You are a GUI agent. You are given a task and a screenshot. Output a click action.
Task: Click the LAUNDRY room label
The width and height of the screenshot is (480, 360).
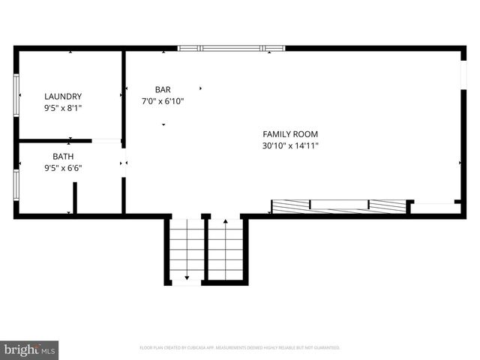[x=63, y=97]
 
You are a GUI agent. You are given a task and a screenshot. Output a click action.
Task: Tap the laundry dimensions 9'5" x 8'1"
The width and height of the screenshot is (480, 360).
[x=63, y=108]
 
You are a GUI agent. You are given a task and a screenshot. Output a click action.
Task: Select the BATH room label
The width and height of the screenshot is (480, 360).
[x=63, y=157]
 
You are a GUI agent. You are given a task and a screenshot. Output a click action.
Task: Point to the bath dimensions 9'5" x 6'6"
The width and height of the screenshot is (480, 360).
[x=63, y=168]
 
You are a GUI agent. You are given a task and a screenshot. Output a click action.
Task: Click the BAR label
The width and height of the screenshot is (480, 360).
[x=163, y=89]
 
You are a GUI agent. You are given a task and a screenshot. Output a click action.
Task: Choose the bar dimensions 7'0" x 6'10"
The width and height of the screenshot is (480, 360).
[x=163, y=100]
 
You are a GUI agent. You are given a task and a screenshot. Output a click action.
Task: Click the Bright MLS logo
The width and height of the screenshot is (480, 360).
[x=30, y=349]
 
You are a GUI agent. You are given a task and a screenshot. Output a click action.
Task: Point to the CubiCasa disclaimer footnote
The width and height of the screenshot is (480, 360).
[x=240, y=348]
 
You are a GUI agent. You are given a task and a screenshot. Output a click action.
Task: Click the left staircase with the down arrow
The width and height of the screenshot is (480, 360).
[x=186, y=250]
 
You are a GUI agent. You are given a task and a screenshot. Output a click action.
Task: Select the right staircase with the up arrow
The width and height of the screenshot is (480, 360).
[x=226, y=250]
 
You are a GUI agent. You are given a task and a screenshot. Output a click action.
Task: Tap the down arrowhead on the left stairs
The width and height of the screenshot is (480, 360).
[x=186, y=277]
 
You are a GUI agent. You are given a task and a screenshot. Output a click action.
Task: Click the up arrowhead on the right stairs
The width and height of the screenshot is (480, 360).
[x=226, y=222]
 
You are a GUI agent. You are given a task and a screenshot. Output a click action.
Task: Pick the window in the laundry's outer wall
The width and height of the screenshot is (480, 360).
[x=16, y=95]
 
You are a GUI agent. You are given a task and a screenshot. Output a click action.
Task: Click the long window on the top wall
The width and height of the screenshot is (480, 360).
[x=232, y=49]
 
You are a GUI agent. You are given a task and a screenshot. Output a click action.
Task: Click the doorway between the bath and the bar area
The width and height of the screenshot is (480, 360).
[x=124, y=163]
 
